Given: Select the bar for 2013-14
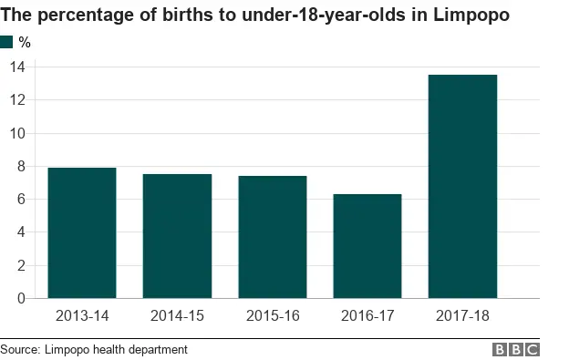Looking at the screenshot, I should tap(82, 232).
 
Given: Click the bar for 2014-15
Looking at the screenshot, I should tap(177, 235).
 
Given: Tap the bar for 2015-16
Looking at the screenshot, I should tap(272, 236).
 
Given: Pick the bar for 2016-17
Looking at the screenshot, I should tap(367, 245).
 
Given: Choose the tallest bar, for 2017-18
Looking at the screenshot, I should tap(462, 186).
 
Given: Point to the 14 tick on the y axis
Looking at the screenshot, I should tap(17, 67).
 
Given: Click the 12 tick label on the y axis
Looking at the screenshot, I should tap(17, 100).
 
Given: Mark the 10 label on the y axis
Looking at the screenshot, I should tap(17, 133).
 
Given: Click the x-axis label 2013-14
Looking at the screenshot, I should tap(82, 315).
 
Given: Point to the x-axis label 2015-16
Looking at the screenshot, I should tap(272, 315).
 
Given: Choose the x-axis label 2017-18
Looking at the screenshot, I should tap(462, 315).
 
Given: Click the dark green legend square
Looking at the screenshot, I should tap(7, 42).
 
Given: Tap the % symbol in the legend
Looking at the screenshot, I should tap(25, 42).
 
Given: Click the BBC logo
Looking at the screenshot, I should tap(517, 349).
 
